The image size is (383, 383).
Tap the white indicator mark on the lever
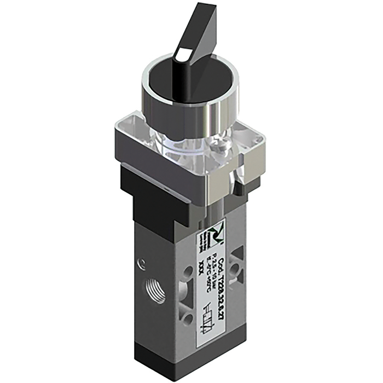(183, 55)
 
